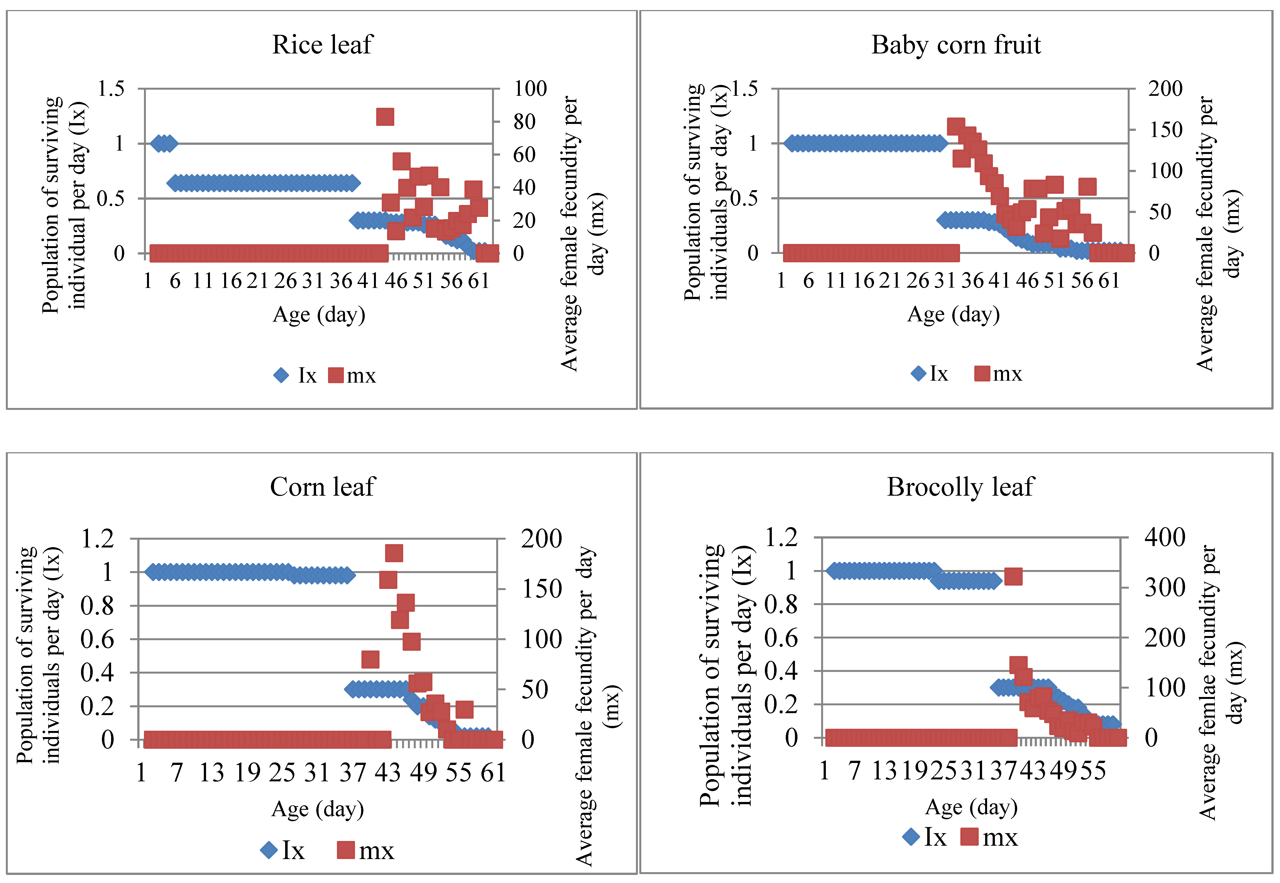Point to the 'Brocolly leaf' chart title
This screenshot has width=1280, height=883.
click(960, 487)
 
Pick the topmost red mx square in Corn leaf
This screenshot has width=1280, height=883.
click(394, 553)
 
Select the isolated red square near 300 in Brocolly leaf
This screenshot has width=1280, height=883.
click(1013, 576)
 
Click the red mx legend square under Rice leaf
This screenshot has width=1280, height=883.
click(336, 375)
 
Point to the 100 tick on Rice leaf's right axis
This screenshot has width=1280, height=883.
click(530, 89)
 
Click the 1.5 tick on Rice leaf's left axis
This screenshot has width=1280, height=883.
click(111, 89)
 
